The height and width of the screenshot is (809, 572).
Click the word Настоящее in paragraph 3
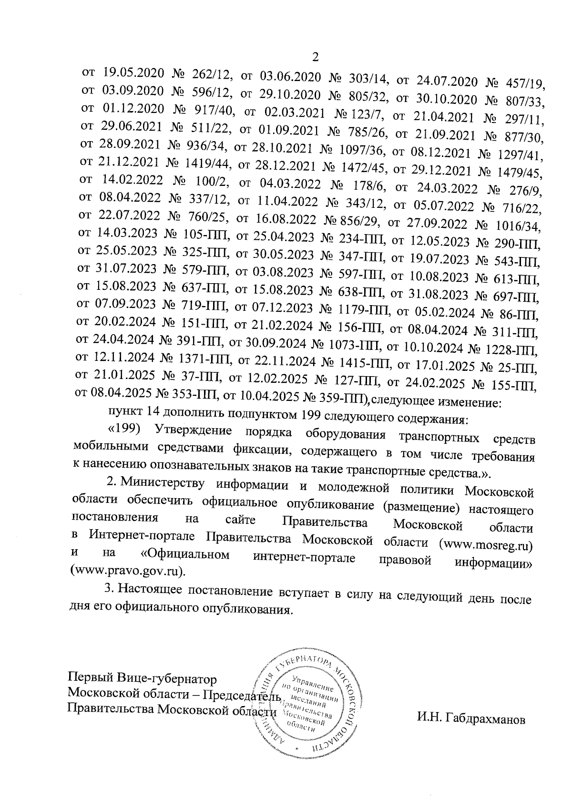tap(151, 590)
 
